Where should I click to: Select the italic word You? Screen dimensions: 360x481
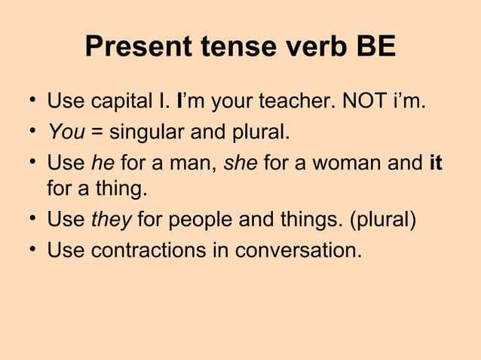tap(66, 133)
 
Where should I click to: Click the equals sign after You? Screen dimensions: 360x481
tap(97, 134)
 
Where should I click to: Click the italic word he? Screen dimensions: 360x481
tap(101, 161)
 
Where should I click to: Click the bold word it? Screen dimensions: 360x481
tap(434, 161)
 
